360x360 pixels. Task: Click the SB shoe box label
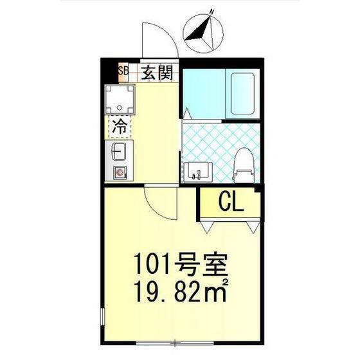(x=123, y=71)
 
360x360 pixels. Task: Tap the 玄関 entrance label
(x=157, y=73)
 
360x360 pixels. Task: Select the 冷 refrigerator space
(x=120, y=127)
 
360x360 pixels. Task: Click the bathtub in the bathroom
(x=242, y=93)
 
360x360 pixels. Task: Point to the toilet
(x=244, y=166)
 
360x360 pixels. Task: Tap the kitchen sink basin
(x=118, y=152)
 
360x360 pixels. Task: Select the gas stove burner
(x=120, y=172)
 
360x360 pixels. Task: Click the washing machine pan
(x=120, y=99)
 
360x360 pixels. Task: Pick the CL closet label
(x=231, y=203)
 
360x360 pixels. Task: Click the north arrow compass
(x=203, y=33)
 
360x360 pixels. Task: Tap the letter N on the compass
(x=212, y=12)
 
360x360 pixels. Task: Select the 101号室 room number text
(x=181, y=264)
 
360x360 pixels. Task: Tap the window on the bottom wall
(x=175, y=343)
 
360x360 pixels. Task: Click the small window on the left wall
(x=103, y=317)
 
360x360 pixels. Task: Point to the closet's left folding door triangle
(x=207, y=228)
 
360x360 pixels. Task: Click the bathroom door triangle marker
(x=186, y=113)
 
